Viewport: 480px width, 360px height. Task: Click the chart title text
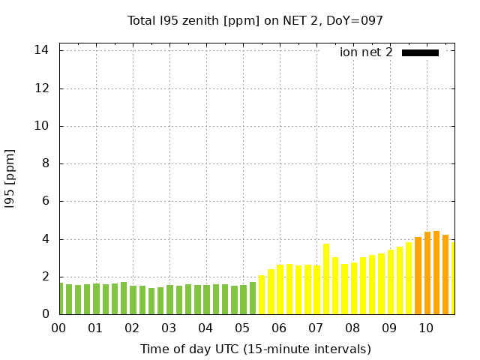pyautogui.click(x=255, y=21)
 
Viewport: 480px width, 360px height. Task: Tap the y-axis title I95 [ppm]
pyautogui.click(x=10, y=178)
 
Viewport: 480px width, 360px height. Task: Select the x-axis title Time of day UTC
pyautogui.click(x=255, y=349)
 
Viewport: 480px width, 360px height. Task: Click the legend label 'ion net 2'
pyautogui.click(x=366, y=52)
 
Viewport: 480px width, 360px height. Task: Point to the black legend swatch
pyautogui.click(x=420, y=52)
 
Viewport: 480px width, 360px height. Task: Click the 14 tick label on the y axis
pyautogui.click(x=42, y=50)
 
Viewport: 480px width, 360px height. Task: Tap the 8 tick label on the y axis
pyautogui.click(x=46, y=163)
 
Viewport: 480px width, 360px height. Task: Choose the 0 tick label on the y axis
pyautogui.click(x=46, y=314)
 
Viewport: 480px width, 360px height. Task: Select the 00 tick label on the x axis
pyautogui.click(x=58, y=328)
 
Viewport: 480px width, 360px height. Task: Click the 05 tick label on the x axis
pyautogui.click(x=242, y=328)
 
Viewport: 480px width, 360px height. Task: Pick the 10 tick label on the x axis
pyautogui.click(x=426, y=328)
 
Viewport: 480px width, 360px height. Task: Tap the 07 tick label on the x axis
pyautogui.click(x=316, y=328)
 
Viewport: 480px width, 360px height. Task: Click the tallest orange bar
pyautogui.click(x=436, y=273)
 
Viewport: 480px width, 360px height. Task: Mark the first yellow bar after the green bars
pyautogui.click(x=262, y=295)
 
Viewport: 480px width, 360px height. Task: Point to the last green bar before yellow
pyautogui.click(x=253, y=298)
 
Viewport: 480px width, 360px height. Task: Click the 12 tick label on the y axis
pyautogui.click(x=42, y=88)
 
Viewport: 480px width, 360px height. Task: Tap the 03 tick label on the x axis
pyautogui.click(x=169, y=328)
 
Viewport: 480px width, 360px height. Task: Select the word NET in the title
pyautogui.click(x=293, y=21)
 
